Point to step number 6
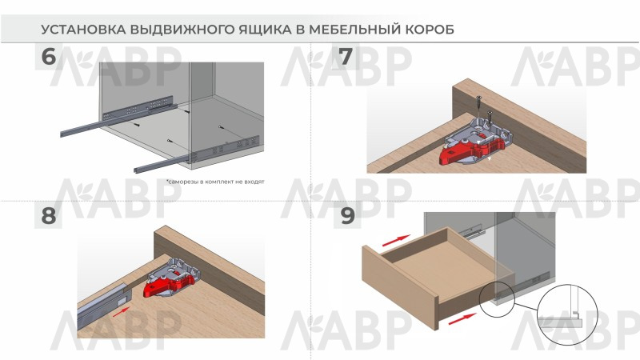(x=48, y=57)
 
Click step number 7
(x=346, y=57)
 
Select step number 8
(x=48, y=215)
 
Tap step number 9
(x=347, y=215)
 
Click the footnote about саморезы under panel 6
(x=215, y=182)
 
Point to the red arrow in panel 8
(x=121, y=312)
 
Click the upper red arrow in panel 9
(x=396, y=241)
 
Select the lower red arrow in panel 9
(x=462, y=318)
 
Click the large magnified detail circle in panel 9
(x=567, y=314)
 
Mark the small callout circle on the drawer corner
(x=497, y=298)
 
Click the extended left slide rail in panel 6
(x=118, y=117)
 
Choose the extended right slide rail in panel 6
(x=196, y=155)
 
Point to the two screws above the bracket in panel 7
(x=485, y=110)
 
